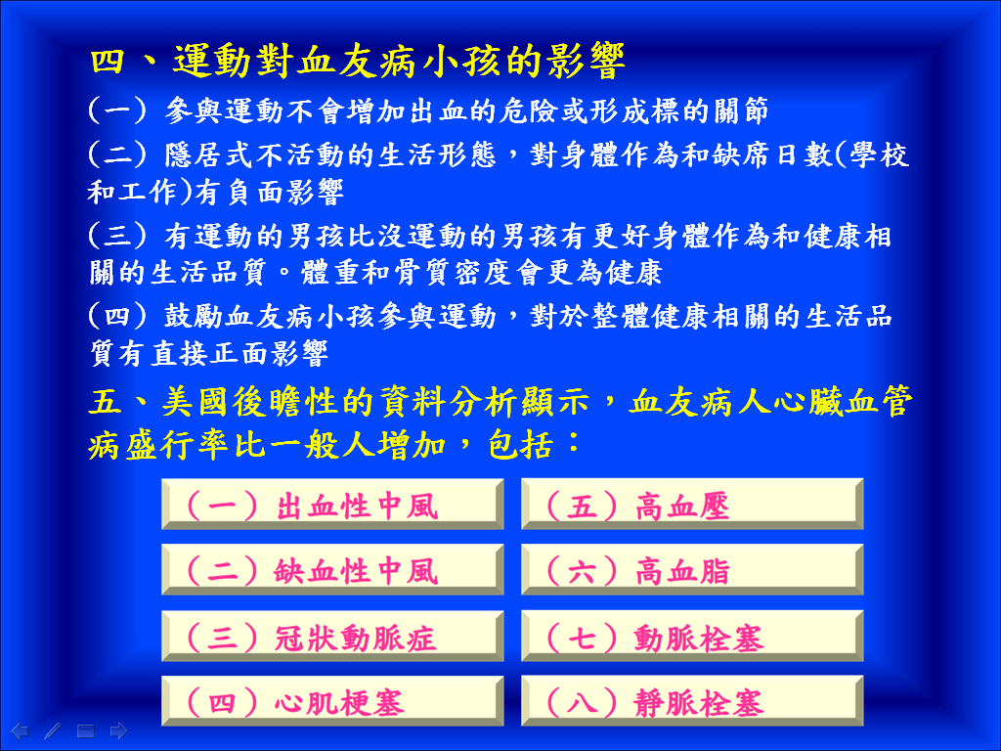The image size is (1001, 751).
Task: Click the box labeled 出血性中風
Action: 332,504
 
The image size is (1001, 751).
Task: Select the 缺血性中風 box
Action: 332,570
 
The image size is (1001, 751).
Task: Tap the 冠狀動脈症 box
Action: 332,636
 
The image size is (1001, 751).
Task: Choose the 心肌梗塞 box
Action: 332,701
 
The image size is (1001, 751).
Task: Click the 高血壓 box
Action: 692,504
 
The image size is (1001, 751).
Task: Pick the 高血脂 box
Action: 692,570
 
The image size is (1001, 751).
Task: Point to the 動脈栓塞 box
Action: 692,636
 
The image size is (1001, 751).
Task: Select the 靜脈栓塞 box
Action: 692,701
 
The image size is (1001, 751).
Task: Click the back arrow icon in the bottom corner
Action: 20,730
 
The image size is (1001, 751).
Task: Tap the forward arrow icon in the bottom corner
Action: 118,730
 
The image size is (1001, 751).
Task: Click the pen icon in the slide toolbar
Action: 53,730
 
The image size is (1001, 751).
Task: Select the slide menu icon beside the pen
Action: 86,730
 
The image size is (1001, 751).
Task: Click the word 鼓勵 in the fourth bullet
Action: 195,316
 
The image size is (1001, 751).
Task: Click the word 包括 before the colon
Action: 521,445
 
